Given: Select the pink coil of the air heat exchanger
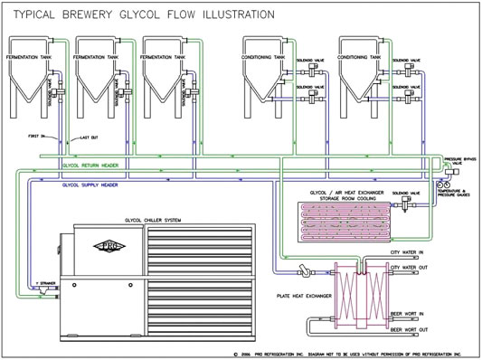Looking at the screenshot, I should [x=344, y=216].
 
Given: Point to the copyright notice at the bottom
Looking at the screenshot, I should [x=354, y=354].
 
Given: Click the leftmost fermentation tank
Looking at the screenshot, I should [x=33, y=81].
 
